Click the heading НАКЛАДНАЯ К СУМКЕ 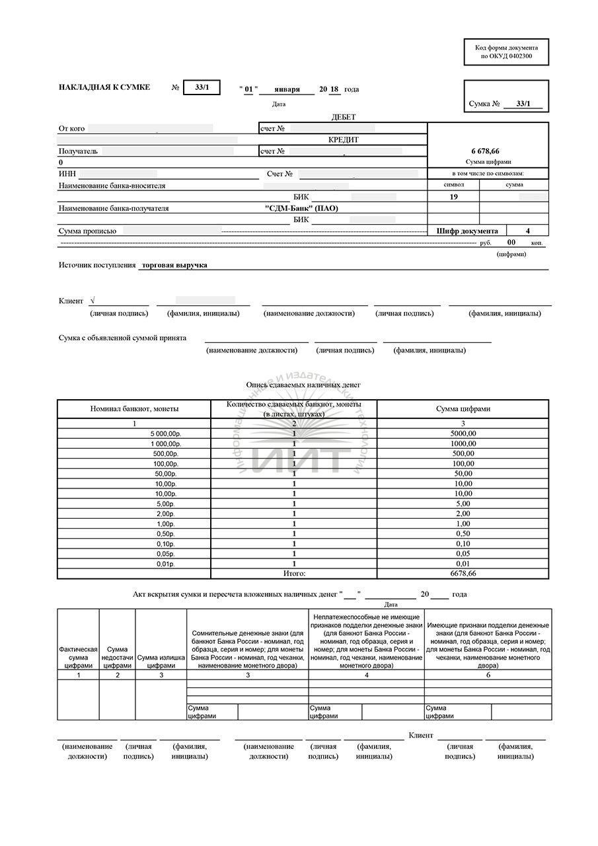tap(104, 87)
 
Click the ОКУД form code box tap(506, 52)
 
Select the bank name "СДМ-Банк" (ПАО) tap(301, 208)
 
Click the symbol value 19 tap(453, 197)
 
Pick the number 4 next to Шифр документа tap(527, 231)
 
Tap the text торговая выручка tap(174, 265)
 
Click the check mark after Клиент tap(92, 301)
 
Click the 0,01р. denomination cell tap(165, 563)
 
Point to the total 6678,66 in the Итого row tap(463, 573)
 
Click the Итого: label tap(294, 573)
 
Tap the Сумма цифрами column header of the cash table tap(463, 409)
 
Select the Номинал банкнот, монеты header tap(134, 409)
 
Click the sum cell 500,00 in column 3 tap(463, 453)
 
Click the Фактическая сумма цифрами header tap(78, 657)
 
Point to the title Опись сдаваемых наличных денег tap(303, 385)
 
